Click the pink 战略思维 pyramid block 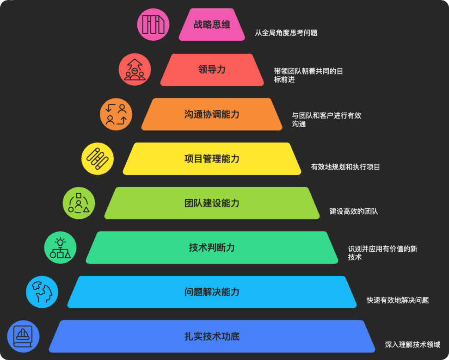point(212,25)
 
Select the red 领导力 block point(212,70)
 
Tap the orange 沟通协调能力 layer point(212,114)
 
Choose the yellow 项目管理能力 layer point(212,159)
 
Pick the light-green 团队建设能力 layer point(212,203)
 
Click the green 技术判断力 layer point(212,248)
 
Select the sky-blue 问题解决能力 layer point(212,292)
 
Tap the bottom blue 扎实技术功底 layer point(212,336)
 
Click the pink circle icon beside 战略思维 point(154,25)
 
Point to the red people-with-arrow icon point(135,69)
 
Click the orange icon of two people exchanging point(116,114)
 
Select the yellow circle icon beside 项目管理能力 point(98,158)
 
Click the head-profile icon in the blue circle point(42,292)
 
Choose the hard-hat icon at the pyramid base point(23,336)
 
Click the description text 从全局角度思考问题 point(286,33)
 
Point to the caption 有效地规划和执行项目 point(345,167)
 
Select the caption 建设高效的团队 point(354,211)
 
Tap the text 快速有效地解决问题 point(398,300)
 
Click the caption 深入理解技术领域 point(412,345)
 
